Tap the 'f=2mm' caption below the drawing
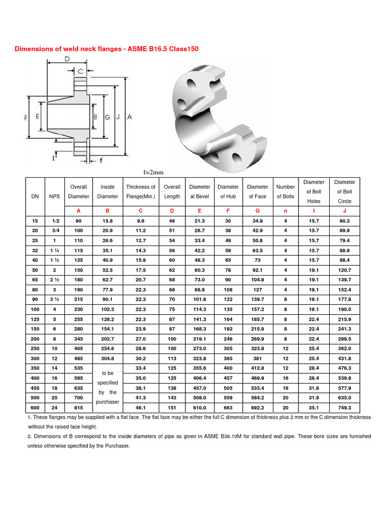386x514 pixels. point(154,172)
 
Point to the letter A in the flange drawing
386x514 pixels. point(129,116)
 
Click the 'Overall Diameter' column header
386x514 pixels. point(79,191)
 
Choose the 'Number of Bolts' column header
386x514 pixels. point(285,191)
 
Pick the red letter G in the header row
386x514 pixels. point(257,211)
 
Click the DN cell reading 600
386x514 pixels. point(35,408)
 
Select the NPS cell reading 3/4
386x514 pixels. point(54,230)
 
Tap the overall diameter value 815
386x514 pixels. point(79,408)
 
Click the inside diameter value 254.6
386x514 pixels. point(108,349)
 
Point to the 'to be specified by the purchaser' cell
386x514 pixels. point(108,388)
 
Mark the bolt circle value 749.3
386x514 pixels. point(344,408)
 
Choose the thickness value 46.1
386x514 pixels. point(141,408)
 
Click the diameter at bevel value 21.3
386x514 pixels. point(200,220)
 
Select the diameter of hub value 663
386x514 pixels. point(228,408)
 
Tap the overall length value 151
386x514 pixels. point(172,408)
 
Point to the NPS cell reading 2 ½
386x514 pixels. point(54,280)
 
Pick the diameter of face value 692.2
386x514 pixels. point(257,408)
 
